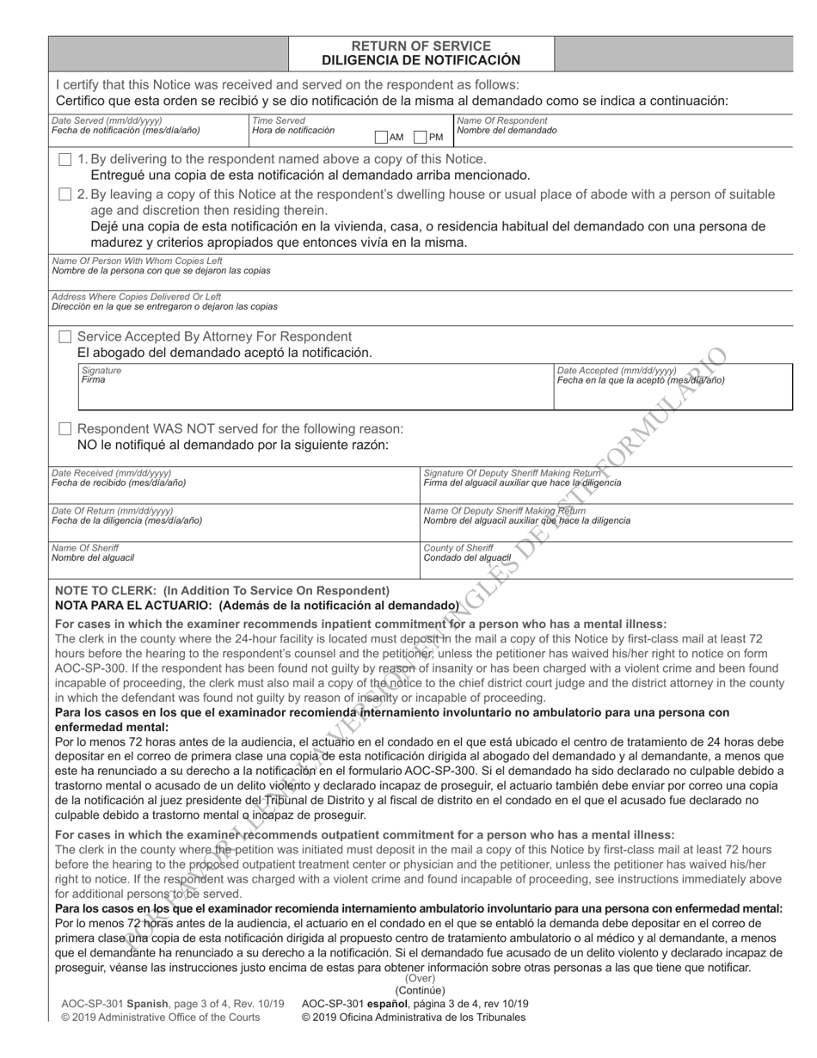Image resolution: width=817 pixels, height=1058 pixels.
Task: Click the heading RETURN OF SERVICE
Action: [x=421, y=46]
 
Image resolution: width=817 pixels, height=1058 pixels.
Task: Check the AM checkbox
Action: [x=381, y=137]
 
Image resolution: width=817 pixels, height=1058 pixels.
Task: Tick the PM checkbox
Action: [x=421, y=137]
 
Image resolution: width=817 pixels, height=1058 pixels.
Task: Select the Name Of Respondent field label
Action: [x=501, y=120]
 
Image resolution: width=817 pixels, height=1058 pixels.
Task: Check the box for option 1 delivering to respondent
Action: [x=65, y=160]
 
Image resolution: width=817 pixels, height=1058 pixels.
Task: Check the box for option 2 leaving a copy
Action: [x=65, y=195]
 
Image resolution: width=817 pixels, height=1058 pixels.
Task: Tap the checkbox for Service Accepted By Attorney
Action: [x=65, y=336]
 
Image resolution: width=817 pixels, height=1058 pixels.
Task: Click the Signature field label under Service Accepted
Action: [x=101, y=370]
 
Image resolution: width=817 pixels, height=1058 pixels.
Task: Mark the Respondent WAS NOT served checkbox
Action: [x=65, y=428]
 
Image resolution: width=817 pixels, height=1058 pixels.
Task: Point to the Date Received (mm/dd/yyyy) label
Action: [x=111, y=473]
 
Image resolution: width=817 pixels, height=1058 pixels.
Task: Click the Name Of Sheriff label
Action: [x=85, y=548]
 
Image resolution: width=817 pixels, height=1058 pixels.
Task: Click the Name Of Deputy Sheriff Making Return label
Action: [x=505, y=511]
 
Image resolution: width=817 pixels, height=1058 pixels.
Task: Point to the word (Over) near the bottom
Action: [x=420, y=978]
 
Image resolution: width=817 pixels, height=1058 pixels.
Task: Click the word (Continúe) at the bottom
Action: [x=420, y=990]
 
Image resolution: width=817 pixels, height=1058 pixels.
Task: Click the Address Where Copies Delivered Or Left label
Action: [x=136, y=297]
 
